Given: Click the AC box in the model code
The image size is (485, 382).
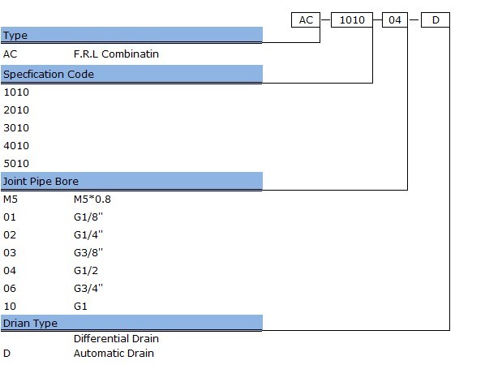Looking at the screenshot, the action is click(306, 19).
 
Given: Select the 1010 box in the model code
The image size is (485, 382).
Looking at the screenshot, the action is click(352, 19).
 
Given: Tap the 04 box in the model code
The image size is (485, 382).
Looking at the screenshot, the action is click(395, 19).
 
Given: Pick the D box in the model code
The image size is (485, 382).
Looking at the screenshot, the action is click(436, 19).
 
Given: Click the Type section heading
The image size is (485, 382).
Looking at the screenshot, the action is click(15, 35).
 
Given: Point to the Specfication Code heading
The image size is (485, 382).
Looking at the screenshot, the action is click(49, 75).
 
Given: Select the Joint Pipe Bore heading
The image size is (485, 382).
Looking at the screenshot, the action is click(41, 181).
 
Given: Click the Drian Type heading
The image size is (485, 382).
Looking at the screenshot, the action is click(30, 324).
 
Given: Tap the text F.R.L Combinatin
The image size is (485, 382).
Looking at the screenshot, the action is click(116, 54).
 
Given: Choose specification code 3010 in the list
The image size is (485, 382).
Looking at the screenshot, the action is click(16, 128).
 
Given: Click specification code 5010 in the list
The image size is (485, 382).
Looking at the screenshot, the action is click(16, 163).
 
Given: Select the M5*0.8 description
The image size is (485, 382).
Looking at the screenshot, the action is click(92, 200).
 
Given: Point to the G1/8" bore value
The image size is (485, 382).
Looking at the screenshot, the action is click(88, 217).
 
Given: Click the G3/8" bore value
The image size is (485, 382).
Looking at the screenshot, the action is click(88, 253).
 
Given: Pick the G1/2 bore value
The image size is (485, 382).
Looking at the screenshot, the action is click(86, 271).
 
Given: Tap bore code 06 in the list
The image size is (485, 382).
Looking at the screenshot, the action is click(10, 288).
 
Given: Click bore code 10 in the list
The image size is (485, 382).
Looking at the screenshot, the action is click(10, 307).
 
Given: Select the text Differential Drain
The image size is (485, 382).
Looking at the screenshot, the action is click(116, 339).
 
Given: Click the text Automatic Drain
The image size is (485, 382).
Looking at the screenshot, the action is click(114, 354).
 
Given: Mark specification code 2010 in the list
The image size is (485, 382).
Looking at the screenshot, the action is click(16, 109).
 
